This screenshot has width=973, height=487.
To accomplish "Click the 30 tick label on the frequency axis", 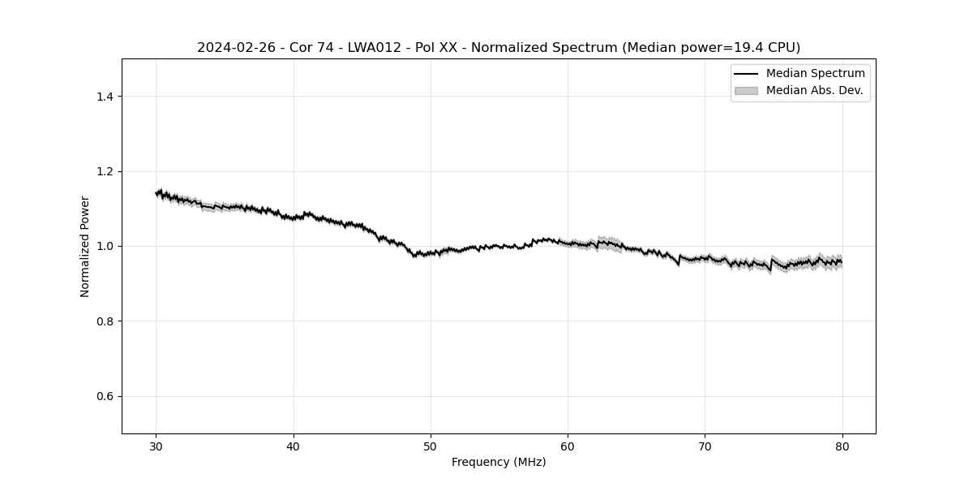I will (156, 446).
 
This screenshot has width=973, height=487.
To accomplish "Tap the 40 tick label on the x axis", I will (294, 446).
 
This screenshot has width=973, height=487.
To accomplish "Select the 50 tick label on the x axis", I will (431, 446).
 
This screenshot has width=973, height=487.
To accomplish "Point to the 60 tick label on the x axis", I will (568, 446).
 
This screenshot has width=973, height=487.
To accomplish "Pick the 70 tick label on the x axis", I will (705, 446).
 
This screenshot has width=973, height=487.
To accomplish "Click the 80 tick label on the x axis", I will (842, 446).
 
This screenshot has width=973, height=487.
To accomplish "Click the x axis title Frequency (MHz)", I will (499, 462).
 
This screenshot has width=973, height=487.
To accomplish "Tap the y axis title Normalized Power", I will (85, 246).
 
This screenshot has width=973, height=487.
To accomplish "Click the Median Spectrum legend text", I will (815, 74).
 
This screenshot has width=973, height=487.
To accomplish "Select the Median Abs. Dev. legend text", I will (814, 90).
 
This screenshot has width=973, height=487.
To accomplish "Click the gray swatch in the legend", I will (746, 90).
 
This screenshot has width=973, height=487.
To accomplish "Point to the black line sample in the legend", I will (746, 74).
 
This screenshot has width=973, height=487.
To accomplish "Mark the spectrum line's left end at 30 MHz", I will (156, 193).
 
